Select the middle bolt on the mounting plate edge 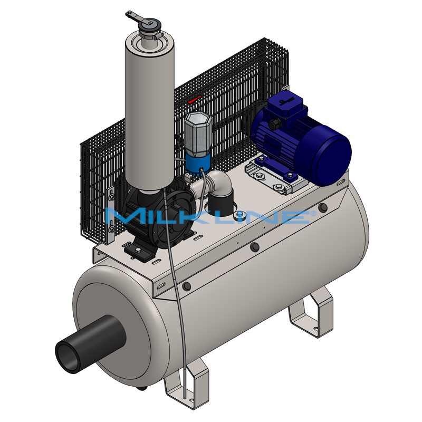pos(255,247)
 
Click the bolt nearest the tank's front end pos(186,286)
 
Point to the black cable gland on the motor pos(274,124)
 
